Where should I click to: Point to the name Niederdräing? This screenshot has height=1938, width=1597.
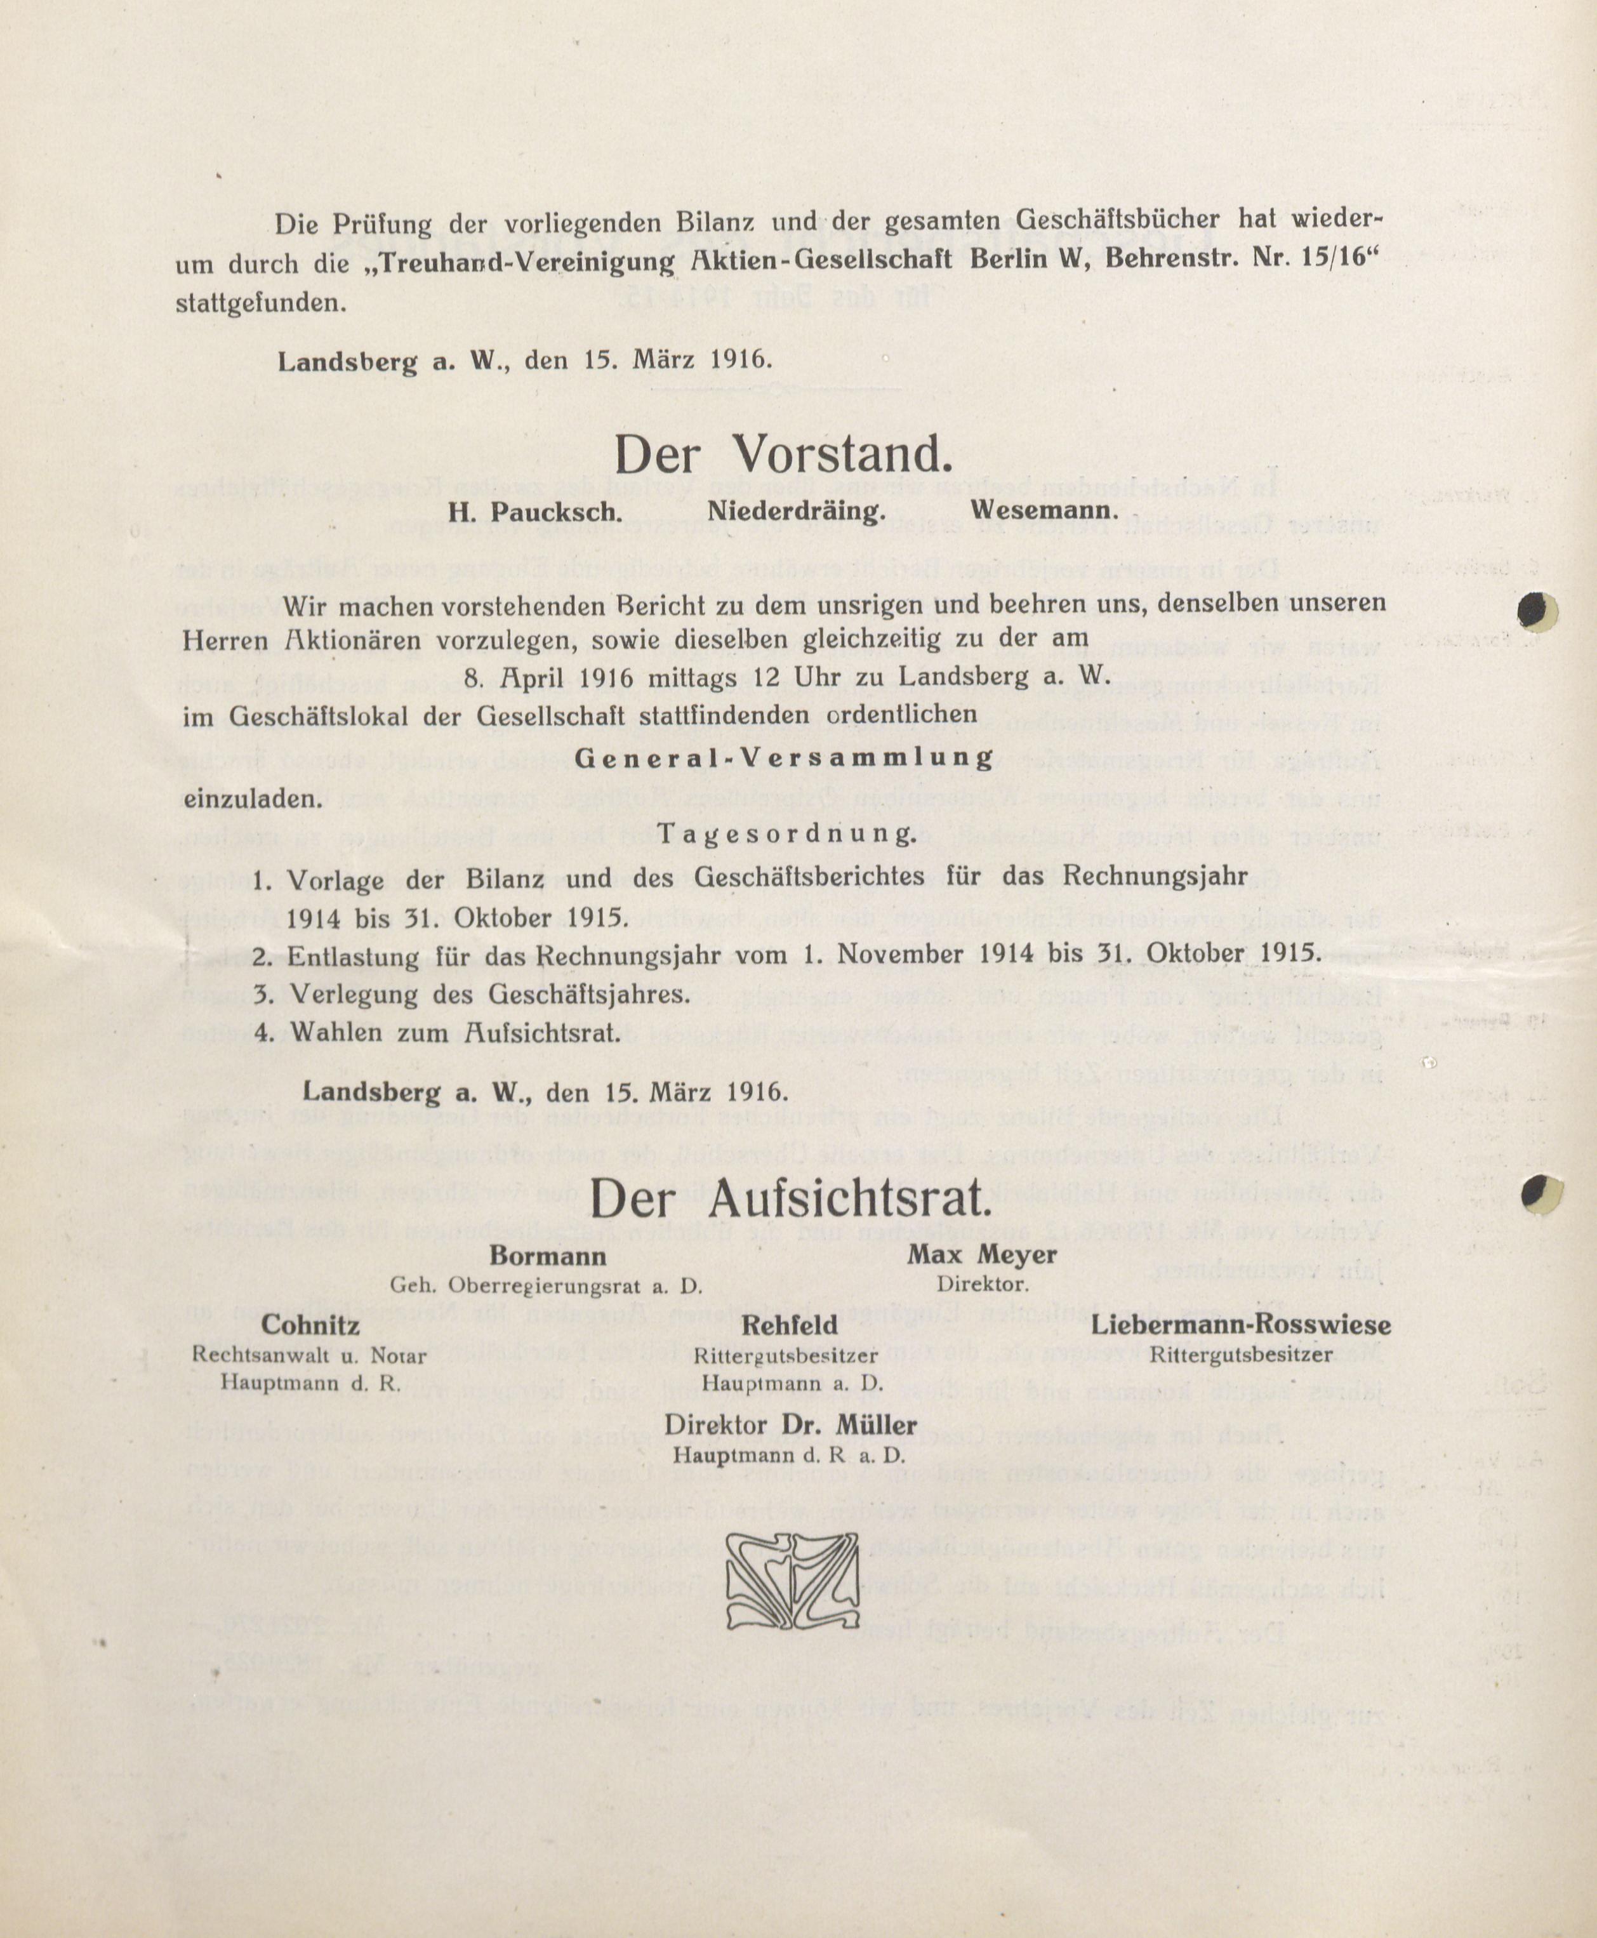pos(796,512)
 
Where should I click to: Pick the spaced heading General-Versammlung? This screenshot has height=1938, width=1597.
pos(784,758)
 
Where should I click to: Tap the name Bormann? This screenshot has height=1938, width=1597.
pos(547,1256)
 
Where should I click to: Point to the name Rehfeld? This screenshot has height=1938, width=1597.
pos(790,1325)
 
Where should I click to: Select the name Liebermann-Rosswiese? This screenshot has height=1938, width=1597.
pos(1241,1325)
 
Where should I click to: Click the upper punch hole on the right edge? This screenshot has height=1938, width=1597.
pos(1537,611)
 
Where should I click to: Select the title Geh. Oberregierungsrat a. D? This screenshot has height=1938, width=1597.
pos(547,1286)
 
